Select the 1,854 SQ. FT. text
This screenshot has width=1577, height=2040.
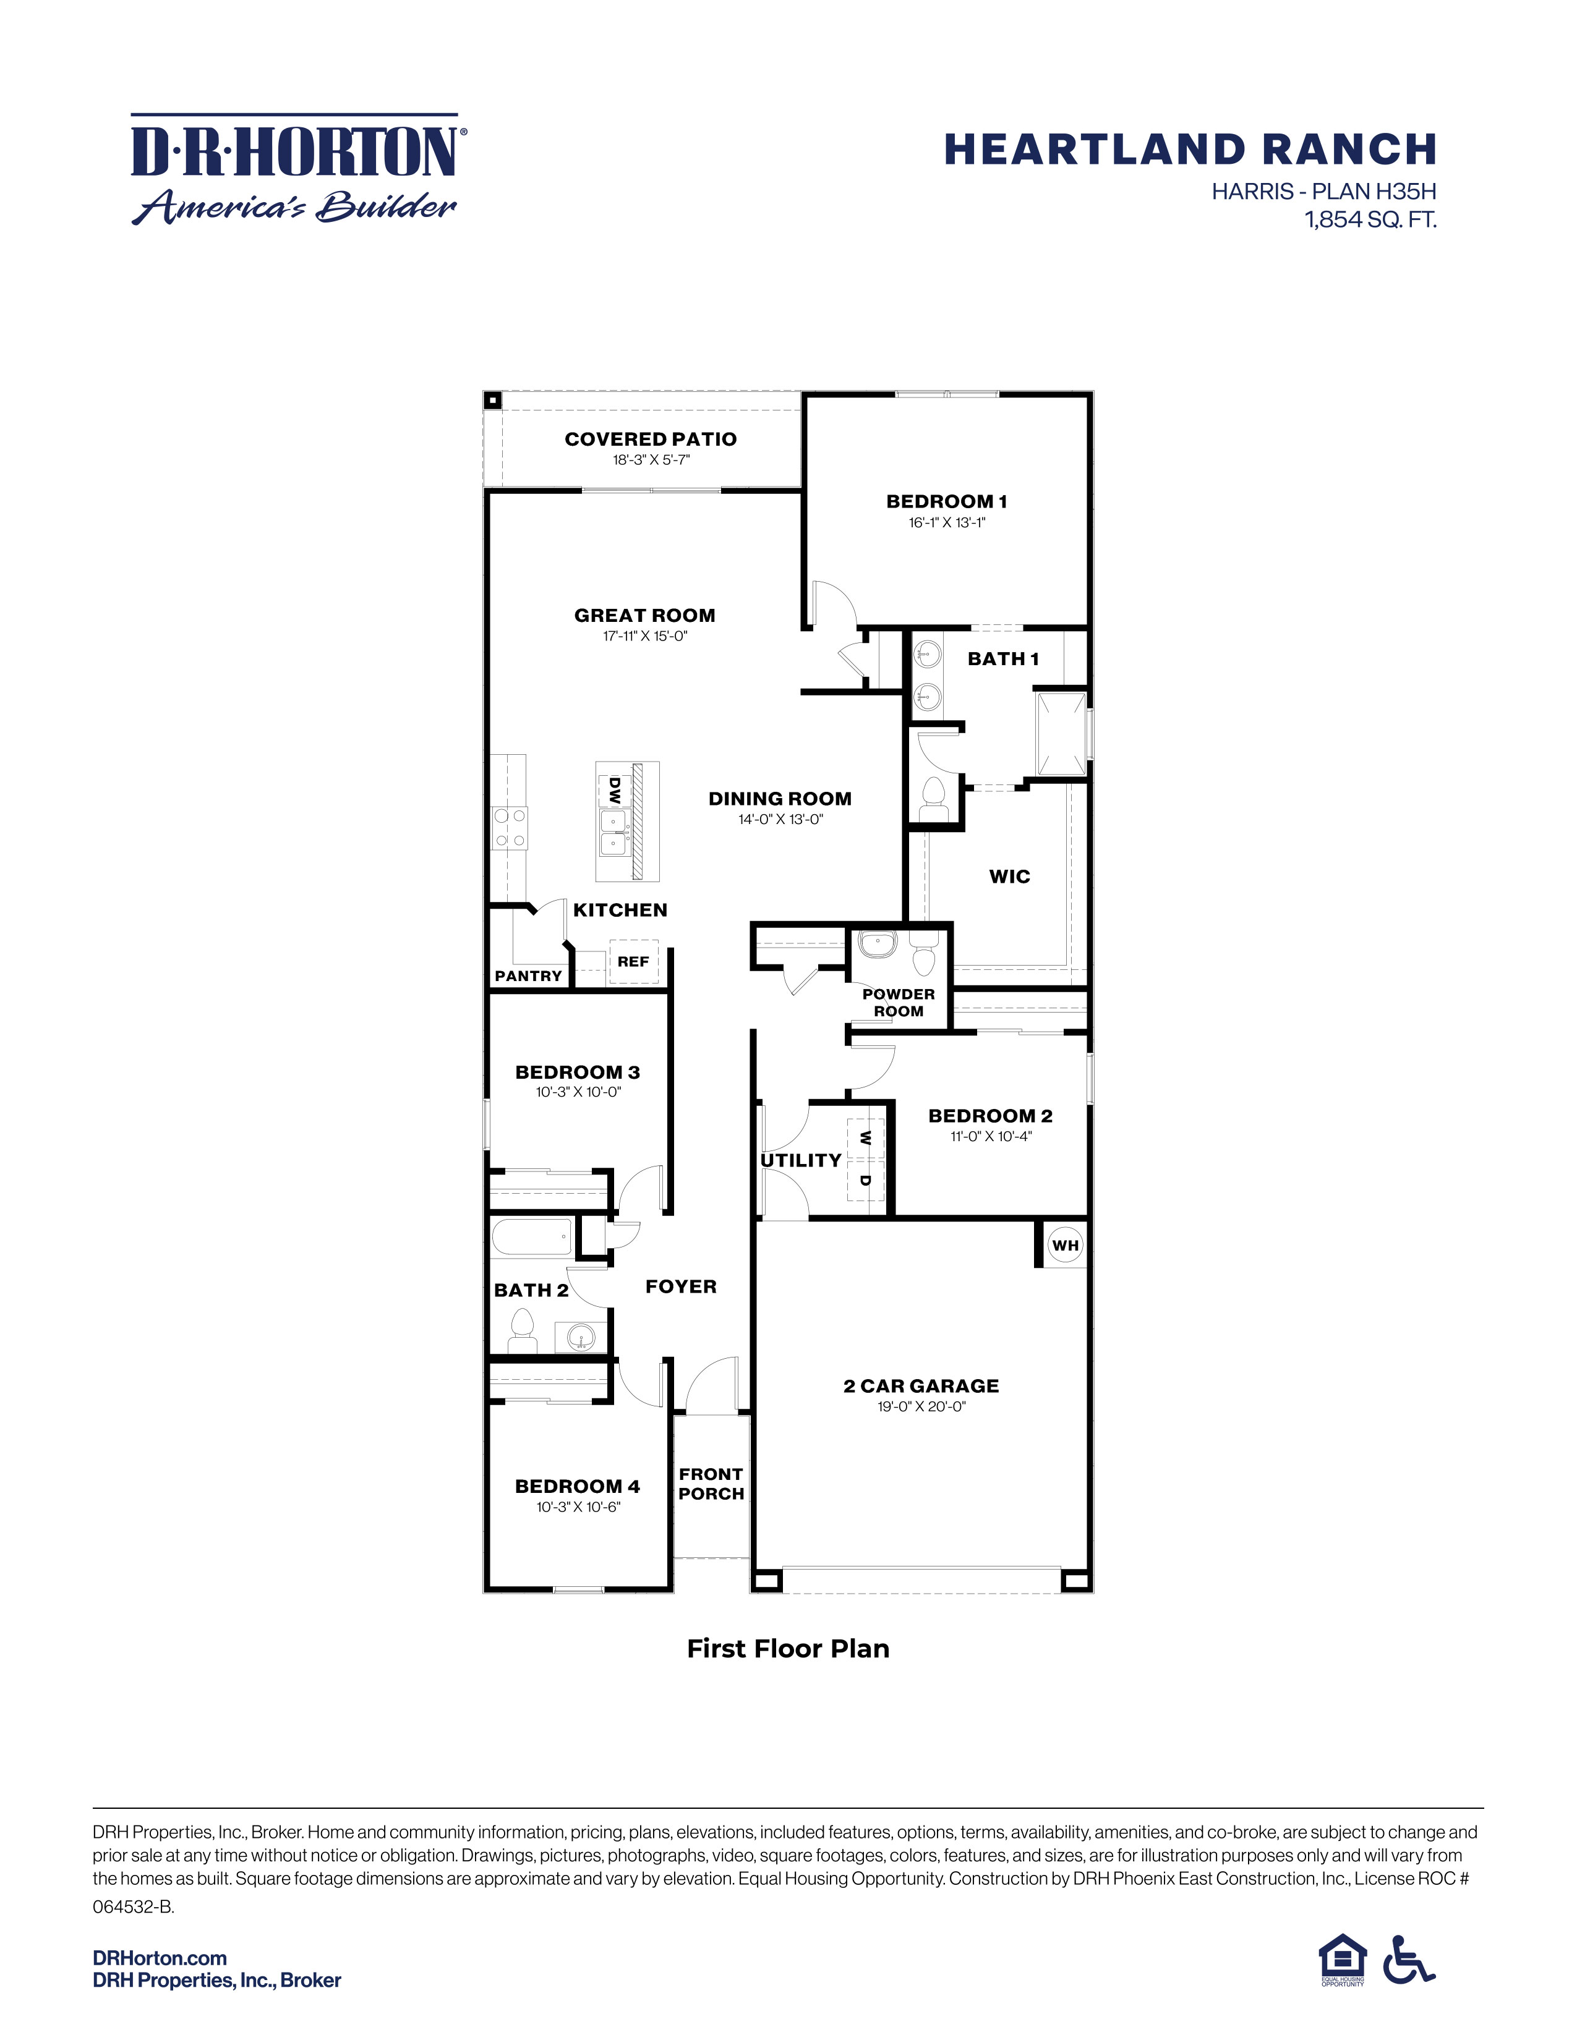(x=1370, y=221)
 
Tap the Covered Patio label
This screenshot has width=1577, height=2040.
(x=650, y=439)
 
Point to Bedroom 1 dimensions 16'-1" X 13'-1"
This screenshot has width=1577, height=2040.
(x=946, y=523)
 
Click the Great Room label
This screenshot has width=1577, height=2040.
(x=644, y=616)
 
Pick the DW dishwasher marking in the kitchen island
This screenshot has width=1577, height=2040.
(x=614, y=790)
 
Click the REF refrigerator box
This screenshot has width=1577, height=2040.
(x=633, y=961)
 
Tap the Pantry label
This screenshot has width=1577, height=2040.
(x=528, y=976)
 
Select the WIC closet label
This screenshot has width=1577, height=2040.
(x=1009, y=876)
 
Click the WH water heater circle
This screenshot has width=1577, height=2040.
(x=1065, y=1245)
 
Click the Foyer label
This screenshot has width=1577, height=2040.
(x=681, y=1287)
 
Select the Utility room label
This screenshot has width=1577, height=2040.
(x=801, y=1160)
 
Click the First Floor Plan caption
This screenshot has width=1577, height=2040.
(x=787, y=1649)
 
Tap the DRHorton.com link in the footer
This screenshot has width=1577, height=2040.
(x=160, y=1958)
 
